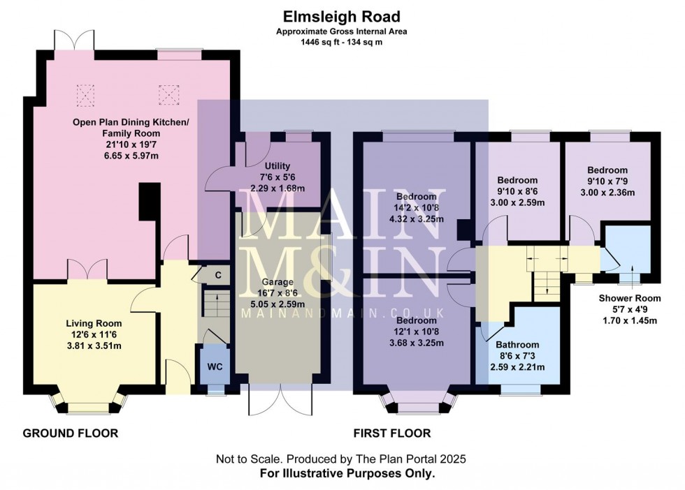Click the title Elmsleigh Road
342,15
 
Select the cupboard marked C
218,275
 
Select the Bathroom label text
517,345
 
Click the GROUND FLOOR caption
71,433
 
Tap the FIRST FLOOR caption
391,433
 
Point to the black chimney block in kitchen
147,202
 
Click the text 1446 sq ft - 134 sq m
342,42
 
